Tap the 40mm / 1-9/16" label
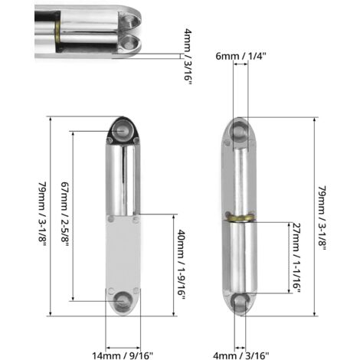coord(182,264)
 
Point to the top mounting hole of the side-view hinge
coord(241,132)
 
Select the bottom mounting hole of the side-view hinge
coord(241,301)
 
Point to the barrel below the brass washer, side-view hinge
coord(241,257)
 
